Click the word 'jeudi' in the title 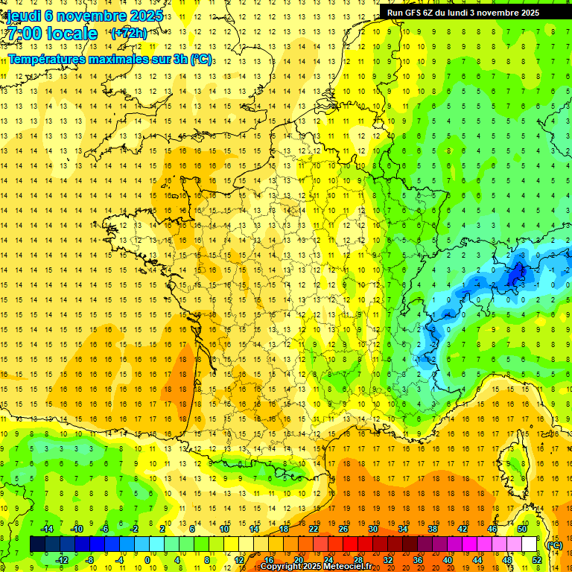coord(24,16)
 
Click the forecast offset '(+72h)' coord(128,34)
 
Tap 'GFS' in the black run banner coord(413,13)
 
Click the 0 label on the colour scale coord(147,560)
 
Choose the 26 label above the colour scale coord(343,529)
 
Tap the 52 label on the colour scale coord(536,560)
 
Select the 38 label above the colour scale coord(432,529)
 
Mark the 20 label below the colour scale coord(299,560)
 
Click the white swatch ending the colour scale coord(529,544)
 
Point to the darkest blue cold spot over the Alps coord(514,276)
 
